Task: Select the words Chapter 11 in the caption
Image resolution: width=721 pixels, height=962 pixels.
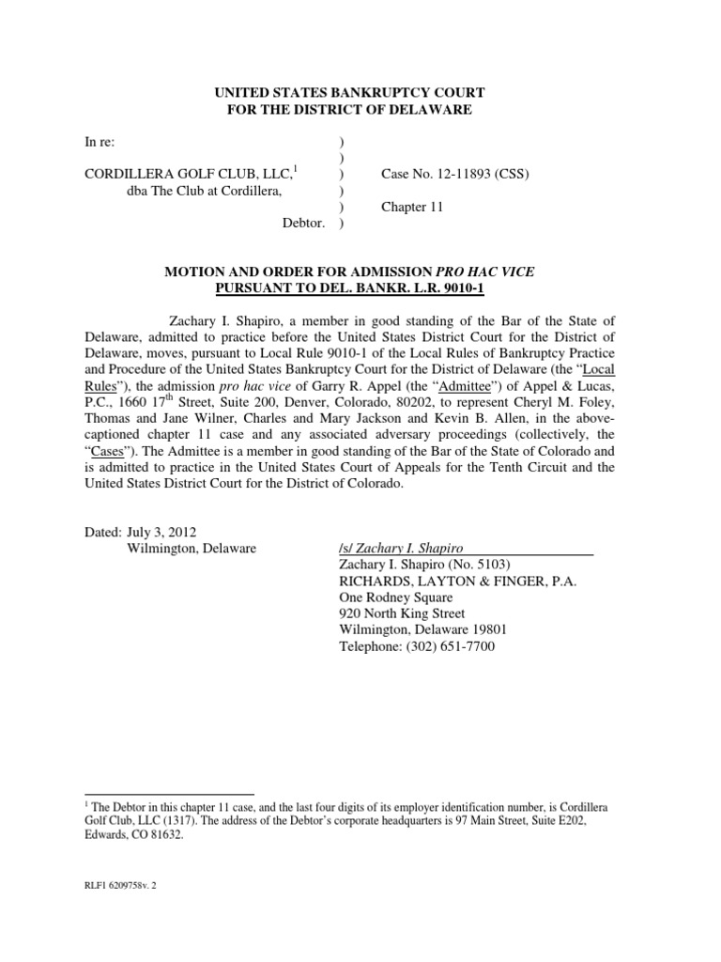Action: [411, 208]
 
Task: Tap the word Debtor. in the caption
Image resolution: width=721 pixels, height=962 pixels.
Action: [304, 224]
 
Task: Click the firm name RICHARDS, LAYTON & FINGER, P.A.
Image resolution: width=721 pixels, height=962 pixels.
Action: [456, 581]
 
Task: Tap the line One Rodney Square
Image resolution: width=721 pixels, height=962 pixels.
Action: [394, 597]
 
